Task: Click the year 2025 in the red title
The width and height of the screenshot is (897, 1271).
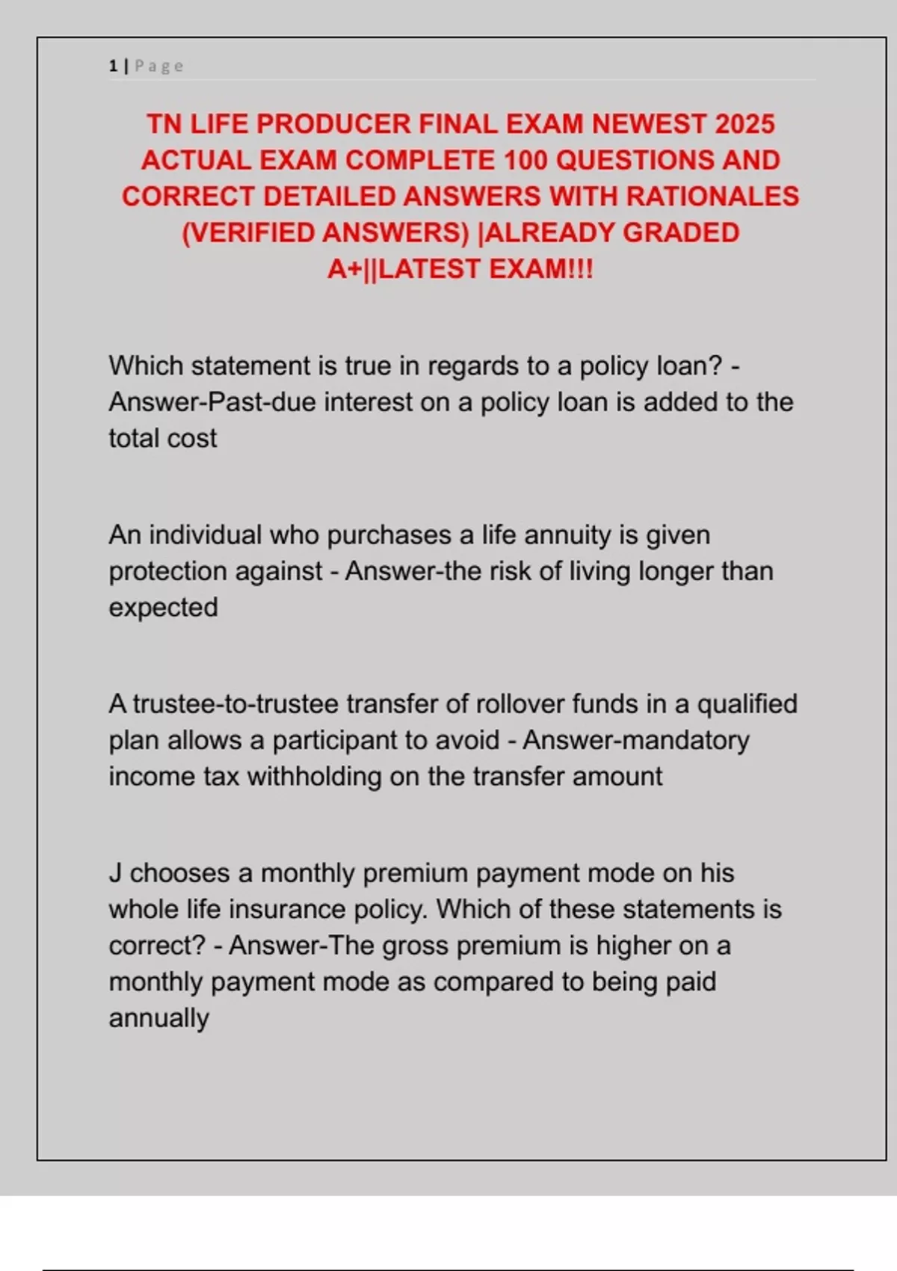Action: [745, 124]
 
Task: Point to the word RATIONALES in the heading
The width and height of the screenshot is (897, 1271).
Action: [712, 196]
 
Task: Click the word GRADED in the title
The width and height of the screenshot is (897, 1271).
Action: [681, 233]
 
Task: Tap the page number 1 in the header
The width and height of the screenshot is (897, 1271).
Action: [113, 66]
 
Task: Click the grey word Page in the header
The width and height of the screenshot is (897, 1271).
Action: [159, 66]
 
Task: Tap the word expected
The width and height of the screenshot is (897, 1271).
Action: [163, 608]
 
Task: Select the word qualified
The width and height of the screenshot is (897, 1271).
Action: [747, 704]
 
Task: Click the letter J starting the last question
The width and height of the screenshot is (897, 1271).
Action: [115, 873]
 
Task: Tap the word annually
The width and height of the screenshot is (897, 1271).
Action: [158, 1018]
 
